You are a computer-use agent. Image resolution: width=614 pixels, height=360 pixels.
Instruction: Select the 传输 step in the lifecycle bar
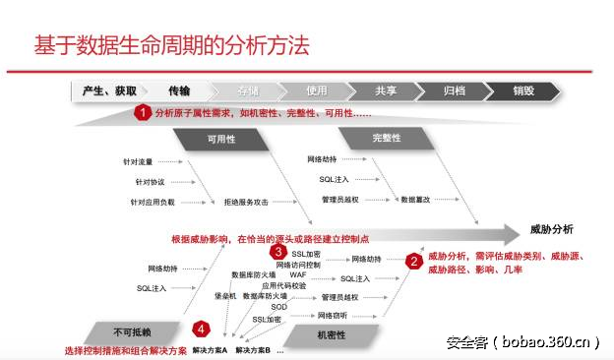point(178,91)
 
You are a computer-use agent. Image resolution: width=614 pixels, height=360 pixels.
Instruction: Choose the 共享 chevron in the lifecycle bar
point(386,91)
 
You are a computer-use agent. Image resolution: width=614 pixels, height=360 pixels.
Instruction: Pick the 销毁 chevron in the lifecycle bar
point(523,91)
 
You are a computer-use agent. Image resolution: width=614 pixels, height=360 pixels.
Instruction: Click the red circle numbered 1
point(143,112)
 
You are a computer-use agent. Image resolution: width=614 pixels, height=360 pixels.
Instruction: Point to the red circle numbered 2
point(414,262)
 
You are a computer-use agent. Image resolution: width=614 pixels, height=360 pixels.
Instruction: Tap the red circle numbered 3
point(278,252)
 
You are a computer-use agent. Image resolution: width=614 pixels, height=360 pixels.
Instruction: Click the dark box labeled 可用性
point(220,140)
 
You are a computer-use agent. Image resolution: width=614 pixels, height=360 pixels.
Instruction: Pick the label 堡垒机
point(224,295)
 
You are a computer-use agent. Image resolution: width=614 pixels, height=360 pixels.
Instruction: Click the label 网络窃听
point(334,315)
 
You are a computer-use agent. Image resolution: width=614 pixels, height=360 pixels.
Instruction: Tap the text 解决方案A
point(210,350)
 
